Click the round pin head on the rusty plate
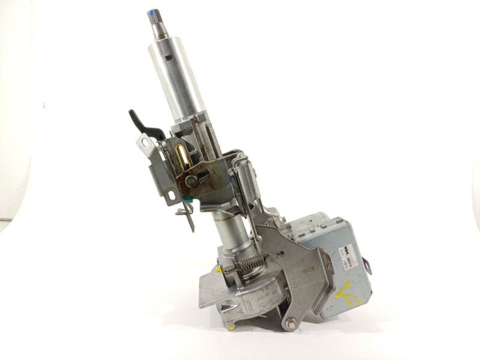point(191,179)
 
